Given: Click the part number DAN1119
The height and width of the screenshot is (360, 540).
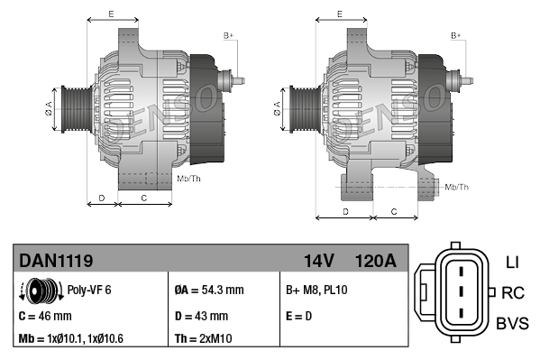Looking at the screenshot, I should pos(56,261).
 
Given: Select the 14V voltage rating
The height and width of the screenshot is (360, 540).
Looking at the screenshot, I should pos(319,261).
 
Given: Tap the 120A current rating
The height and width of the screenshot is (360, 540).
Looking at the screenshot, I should pos(375,261).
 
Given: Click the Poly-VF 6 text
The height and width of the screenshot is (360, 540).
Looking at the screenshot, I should pos(90,291).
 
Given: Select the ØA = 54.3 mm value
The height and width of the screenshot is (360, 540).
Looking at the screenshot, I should pos(208,291).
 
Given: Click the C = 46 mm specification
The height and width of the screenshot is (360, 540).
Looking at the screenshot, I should pos(45,316).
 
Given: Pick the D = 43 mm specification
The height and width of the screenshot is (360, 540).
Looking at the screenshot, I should pos(200,316).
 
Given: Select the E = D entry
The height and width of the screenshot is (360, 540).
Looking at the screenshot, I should pos(300,316).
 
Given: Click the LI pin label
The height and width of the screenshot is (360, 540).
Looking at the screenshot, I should pos(512,263).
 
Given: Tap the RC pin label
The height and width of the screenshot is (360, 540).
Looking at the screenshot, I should pos(513,292).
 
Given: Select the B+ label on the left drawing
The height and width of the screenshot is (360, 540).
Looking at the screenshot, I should pos(228,35).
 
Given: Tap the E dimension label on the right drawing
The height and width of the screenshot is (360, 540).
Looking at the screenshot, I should pos(339,14).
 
